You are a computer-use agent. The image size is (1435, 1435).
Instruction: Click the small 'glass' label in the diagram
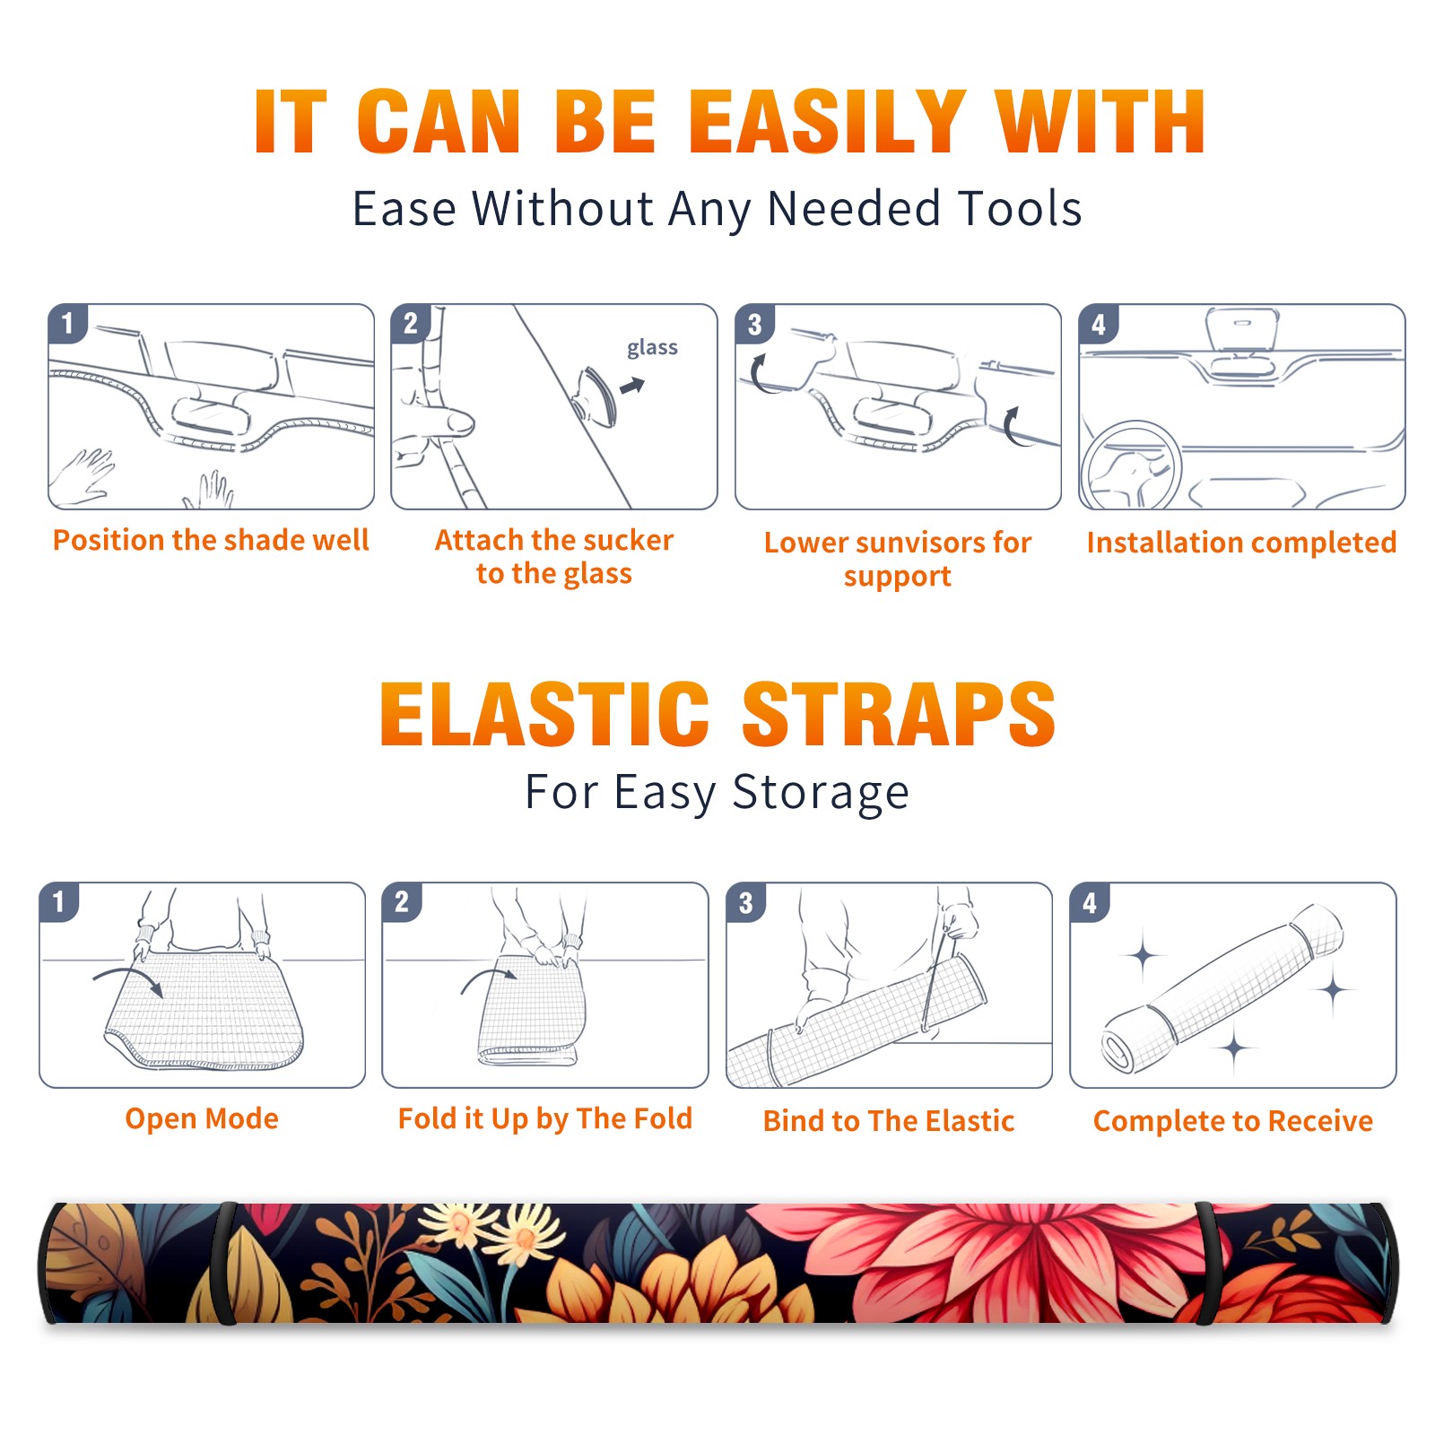coord(652,348)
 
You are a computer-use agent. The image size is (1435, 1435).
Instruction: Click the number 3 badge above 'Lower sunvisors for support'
coord(754,324)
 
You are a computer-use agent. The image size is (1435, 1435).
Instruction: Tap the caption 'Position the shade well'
coord(211,540)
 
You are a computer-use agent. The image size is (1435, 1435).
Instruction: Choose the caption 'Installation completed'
coord(1241,543)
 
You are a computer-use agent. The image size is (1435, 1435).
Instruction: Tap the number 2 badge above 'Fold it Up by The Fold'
coord(402,901)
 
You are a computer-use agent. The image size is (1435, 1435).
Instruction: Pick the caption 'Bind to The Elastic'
coord(888,1121)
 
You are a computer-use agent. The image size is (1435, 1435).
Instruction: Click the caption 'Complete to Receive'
coord(1232,1121)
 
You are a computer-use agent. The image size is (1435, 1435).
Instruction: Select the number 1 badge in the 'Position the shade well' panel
coord(68,323)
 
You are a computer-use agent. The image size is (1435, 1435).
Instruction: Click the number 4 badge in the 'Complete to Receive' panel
coord(1090,902)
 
